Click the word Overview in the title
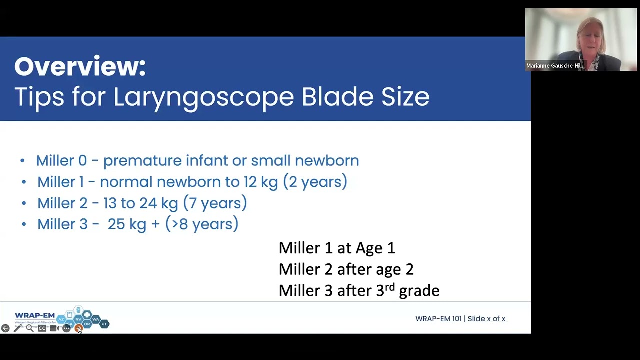pyautogui.click(x=80, y=66)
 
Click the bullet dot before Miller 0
pyautogui.click(x=22, y=161)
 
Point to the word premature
pyautogui.click(x=142, y=161)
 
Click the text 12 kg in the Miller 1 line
pyautogui.click(x=260, y=182)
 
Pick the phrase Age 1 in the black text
pyautogui.click(x=375, y=248)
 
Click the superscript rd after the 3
pyautogui.click(x=390, y=287)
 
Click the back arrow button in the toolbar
pyautogui.click(x=5, y=328)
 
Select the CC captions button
pyautogui.click(x=42, y=328)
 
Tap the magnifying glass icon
pyautogui.click(x=30, y=328)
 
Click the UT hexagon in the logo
pyautogui.click(x=104, y=324)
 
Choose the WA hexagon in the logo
pyautogui.click(x=95, y=319)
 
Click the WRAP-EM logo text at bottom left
pyautogui.click(x=35, y=316)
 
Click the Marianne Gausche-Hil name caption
pyautogui.click(x=555, y=66)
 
